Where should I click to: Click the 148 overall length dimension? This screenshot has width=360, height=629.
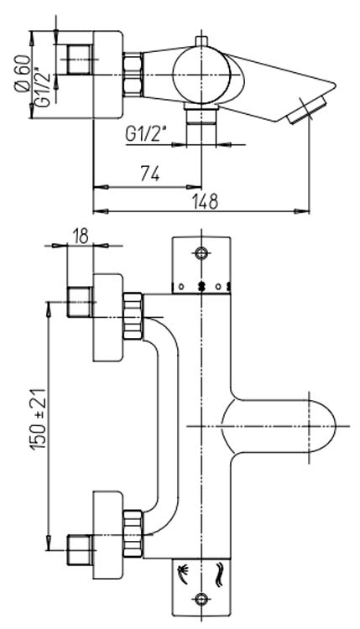(204, 201)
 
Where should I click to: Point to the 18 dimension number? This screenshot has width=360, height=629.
(81, 236)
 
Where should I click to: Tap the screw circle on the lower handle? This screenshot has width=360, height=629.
(201, 599)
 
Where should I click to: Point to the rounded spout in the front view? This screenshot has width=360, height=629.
(285, 426)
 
